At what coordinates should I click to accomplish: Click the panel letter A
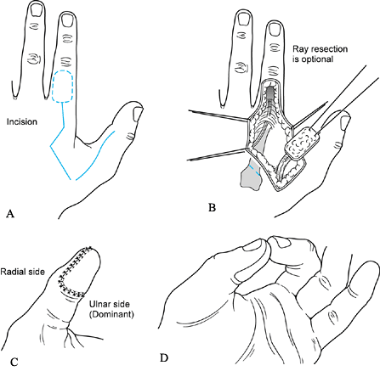[x=10, y=214]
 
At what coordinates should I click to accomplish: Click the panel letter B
[x=212, y=208]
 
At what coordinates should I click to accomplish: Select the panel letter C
[x=14, y=362]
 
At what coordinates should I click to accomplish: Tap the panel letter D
[x=164, y=358]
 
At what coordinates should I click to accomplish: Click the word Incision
[x=22, y=121]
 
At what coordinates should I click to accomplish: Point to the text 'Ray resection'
[x=320, y=49]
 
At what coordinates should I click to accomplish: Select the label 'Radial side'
[x=23, y=272]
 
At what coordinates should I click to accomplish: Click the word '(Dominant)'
[x=111, y=314]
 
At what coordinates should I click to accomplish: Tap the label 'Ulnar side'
[x=110, y=304]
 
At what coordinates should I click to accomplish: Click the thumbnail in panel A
[x=138, y=114]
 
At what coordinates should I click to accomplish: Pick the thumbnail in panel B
[x=346, y=122]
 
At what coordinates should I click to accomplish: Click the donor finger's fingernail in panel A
[x=67, y=20]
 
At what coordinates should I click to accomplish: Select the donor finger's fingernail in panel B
[x=275, y=29]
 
